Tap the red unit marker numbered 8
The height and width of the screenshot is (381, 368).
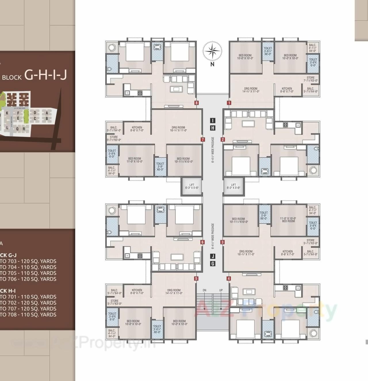(196, 103)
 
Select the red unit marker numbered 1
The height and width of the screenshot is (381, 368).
(229, 103)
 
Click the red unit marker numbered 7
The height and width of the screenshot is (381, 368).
(203, 140)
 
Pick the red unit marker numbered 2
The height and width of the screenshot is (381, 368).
(223, 140)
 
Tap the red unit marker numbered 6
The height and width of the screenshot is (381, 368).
(202, 242)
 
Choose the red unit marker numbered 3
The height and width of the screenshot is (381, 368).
(223, 242)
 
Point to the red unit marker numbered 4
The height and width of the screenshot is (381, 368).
(229, 278)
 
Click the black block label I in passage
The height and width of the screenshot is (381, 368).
(212, 120)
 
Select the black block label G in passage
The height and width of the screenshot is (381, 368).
(212, 263)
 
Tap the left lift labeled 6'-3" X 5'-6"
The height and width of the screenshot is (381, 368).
(192, 186)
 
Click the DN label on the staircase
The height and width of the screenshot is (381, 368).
(204, 290)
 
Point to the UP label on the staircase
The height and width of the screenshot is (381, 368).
(221, 290)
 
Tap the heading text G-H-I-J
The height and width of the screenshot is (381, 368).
(46, 75)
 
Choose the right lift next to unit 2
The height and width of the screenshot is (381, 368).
(233, 186)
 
